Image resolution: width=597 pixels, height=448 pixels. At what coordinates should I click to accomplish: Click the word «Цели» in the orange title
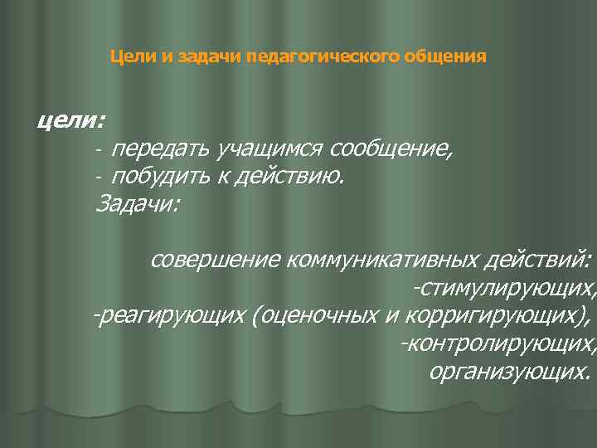pyautogui.click(x=127, y=58)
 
